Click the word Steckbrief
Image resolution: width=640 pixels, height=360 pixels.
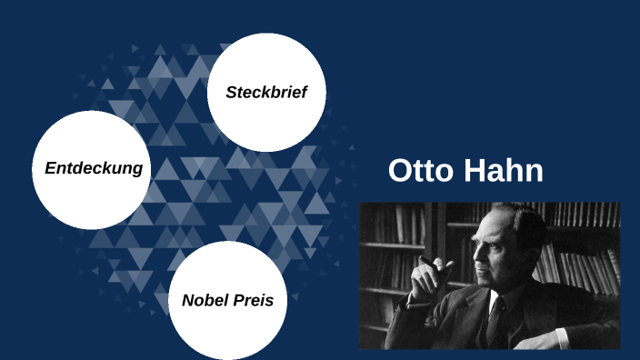[266, 93]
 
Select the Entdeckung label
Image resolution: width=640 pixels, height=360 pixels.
[94, 168]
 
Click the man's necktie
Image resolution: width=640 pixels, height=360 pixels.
[496, 318]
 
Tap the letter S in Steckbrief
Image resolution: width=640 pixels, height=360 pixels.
[232, 93]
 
